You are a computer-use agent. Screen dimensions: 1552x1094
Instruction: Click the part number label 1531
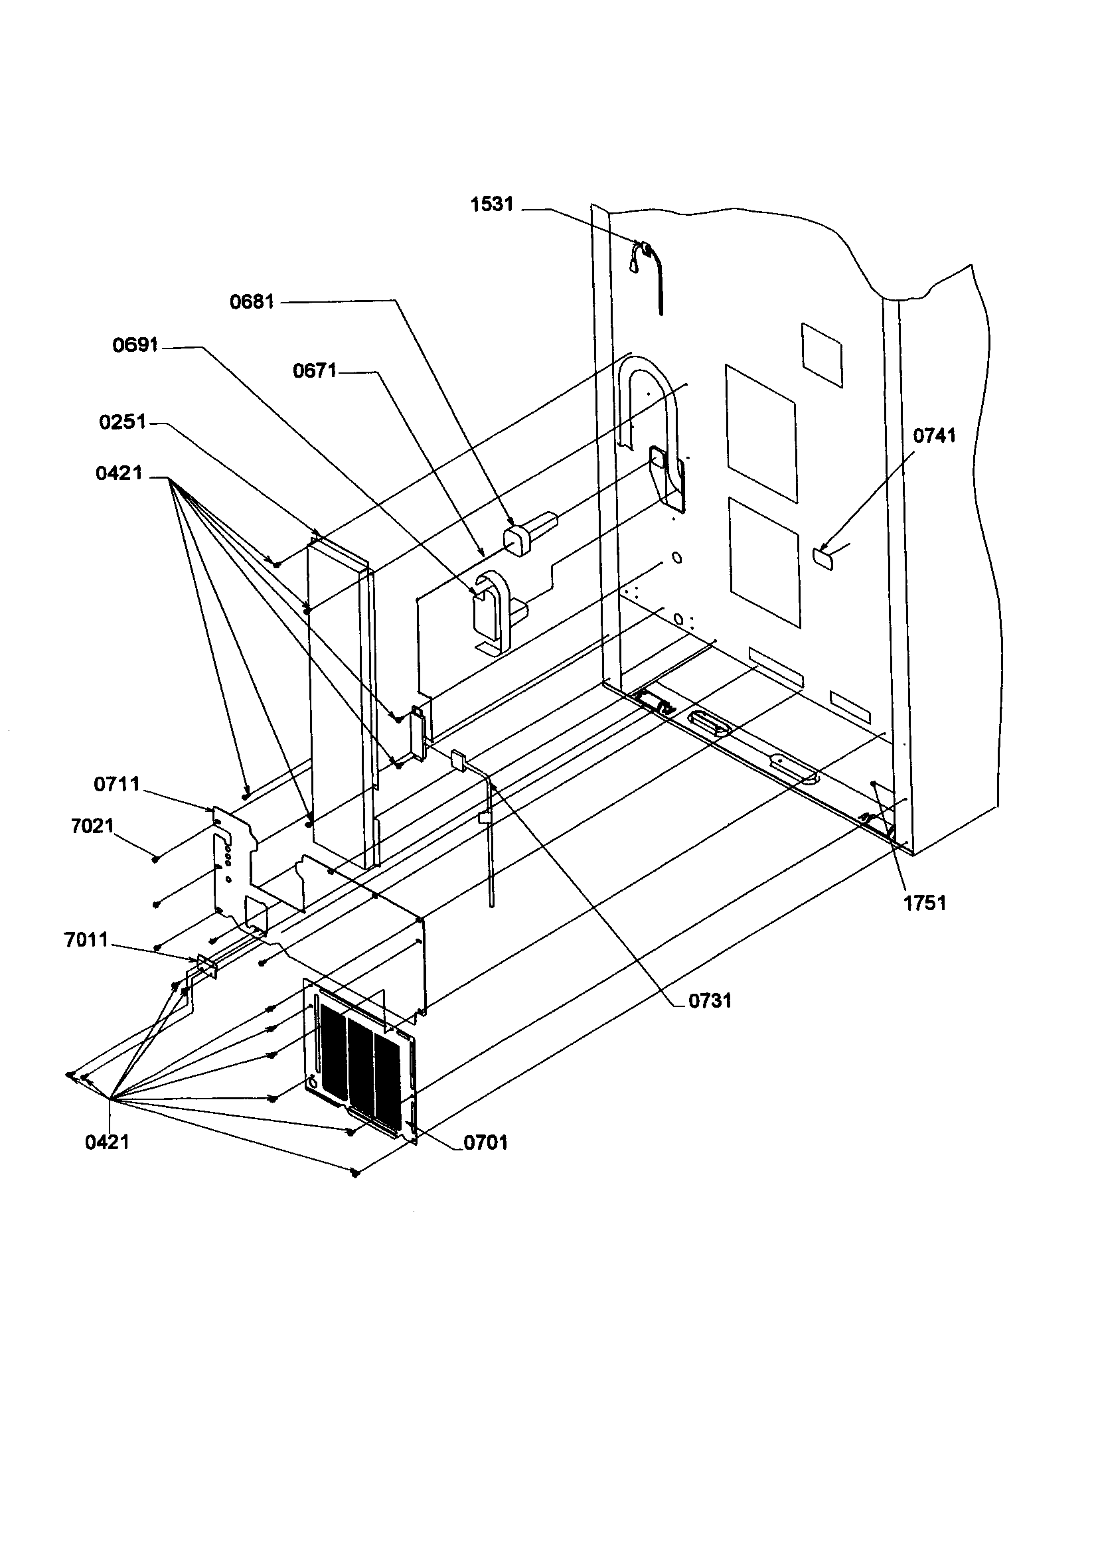pyautogui.click(x=491, y=204)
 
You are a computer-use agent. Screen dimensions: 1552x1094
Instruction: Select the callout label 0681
pyautogui.click(x=252, y=301)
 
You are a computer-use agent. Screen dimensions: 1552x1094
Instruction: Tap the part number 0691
pyautogui.click(x=135, y=345)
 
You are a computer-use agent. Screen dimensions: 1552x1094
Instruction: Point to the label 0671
pyautogui.click(x=315, y=370)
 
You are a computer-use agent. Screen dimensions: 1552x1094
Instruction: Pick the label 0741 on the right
pyautogui.click(x=935, y=436)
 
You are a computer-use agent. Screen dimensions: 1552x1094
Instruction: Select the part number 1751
pyautogui.click(x=925, y=902)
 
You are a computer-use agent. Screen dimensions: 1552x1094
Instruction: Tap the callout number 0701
pyautogui.click(x=485, y=1143)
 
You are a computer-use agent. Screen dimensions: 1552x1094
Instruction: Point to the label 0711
pyautogui.click(x=116, y=784)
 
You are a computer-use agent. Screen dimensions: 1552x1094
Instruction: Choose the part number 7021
pyautogui.click(x=92, y=826)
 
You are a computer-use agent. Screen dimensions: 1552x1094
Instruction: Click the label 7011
pyautogui.click(x=86, y=940)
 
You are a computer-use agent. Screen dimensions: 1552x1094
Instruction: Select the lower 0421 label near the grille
pyautogui.click(x=107, y=1142)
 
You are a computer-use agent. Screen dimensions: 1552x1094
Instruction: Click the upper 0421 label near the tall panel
pyautogui.click(x=119, y=473)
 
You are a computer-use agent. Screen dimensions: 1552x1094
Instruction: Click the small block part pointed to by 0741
pyautogui.click(x=824, y=558)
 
